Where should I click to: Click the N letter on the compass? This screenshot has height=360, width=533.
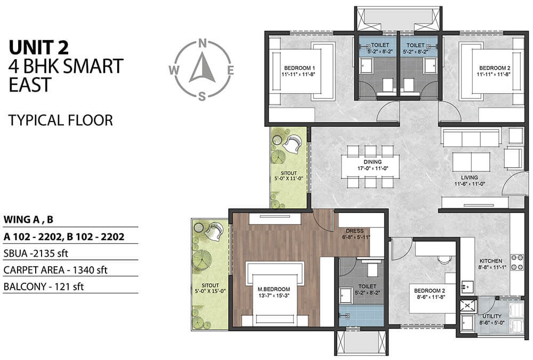[x=203, y=43]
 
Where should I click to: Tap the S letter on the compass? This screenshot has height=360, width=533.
[x=202, y=97]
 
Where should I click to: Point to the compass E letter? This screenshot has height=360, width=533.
[x=230, y=70]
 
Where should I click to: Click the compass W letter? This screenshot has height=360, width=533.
[x=174, y=70]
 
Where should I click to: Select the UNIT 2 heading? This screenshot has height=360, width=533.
[x=39, y=47]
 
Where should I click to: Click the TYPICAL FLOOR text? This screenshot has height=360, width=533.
[x=61, y=120]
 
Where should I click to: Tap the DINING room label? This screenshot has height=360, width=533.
[x=373, y=162]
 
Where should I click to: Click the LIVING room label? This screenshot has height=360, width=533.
[x=470, y=178]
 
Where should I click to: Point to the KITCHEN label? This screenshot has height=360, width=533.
[x=491, y=261]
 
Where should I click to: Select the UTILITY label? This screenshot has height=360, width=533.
[x=492, y=316]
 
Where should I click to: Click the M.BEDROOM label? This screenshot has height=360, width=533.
[x=273, y=289]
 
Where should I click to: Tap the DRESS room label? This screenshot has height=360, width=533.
[x=354, y=231]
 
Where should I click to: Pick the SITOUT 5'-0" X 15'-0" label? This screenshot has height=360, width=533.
[x=210, y=288]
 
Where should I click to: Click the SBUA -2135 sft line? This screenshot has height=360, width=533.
[x=36, y=253]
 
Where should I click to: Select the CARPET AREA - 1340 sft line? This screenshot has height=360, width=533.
[x=55, y=270]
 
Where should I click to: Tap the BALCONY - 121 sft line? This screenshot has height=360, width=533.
[x=44, y=287]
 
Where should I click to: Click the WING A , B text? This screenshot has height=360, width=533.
[x=28, y=220]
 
